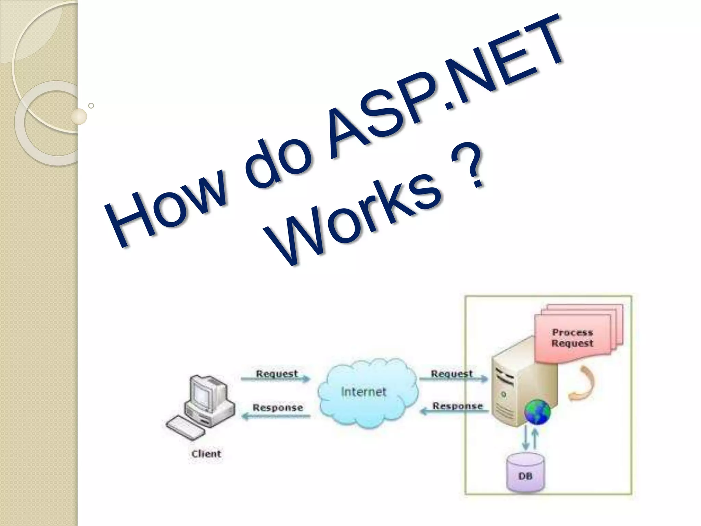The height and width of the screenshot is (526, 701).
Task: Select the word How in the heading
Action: pos(164,212)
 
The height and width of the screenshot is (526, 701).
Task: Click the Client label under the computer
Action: pos(206,454)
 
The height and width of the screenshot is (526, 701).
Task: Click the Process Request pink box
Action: pos(572,338)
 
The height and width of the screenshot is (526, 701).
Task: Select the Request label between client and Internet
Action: pos(277,374)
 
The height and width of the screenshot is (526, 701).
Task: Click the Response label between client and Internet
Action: pos(278,408)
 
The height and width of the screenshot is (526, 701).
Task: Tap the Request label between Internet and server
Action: pos(452,374)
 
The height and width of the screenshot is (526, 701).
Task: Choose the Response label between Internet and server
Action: pos(457,406)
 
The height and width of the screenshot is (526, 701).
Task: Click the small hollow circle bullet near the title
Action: pos(91,105)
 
